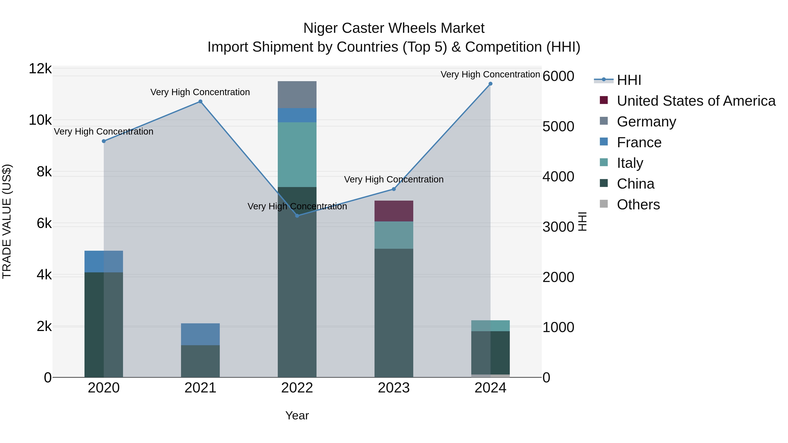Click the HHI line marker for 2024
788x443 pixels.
point(490,84)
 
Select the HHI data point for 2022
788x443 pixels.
point(297,216)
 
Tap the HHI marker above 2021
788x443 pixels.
point(200,102)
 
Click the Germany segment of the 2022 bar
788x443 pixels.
point(297,95)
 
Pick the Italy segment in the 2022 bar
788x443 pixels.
point(297,155)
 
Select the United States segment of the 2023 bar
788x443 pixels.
point(394,211)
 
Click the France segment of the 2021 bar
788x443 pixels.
point(200,334)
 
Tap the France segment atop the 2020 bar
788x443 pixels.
point(104,261)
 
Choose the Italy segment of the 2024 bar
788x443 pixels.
point(490,326)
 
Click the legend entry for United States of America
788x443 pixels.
point(696,101)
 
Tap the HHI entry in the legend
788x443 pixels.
point(629,80)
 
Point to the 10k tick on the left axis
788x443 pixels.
point(40,120)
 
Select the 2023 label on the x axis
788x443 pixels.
point(394,388)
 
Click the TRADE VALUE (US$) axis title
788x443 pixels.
point(7,221)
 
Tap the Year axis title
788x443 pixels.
point(297,415)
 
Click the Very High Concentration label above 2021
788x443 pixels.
point(200,92)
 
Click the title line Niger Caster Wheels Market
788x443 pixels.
point(394,28)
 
